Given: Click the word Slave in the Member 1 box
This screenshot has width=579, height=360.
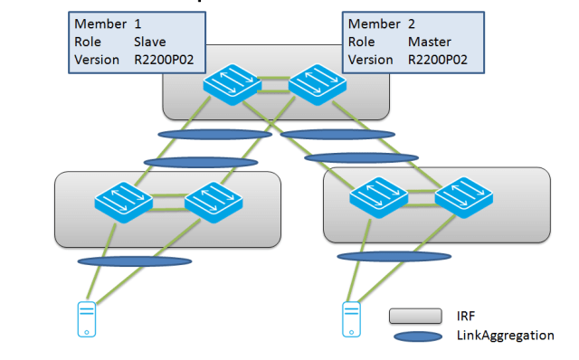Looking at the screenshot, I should (x=149, y=42).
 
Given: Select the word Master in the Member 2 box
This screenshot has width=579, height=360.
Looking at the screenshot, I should (x=431, y=42).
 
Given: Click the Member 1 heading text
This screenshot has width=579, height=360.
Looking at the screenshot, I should (x=103, y=23).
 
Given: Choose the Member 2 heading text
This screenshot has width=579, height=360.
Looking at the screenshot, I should (x=380, y=23).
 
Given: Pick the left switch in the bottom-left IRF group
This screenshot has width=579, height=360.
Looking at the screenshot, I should (x=123, y=205).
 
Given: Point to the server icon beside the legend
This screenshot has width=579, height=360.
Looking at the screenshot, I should (x=352, y=318).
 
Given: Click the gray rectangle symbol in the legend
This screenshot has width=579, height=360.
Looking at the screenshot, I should (x=414, y=316).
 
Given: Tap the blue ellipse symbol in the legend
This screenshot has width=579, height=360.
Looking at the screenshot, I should (x=414, y=336).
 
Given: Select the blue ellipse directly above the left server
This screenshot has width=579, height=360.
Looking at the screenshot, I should (x=135, y=262).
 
